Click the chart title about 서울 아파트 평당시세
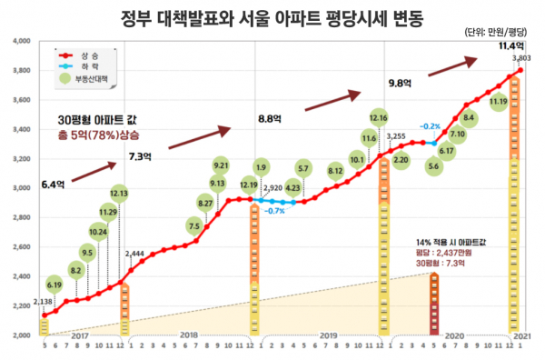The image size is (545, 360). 272,18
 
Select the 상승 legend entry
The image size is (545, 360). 83,55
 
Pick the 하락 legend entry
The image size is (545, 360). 83,66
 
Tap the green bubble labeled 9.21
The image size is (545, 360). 220,165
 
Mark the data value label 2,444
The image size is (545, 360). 134,253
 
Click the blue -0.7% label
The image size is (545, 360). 274,211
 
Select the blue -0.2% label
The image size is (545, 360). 431,126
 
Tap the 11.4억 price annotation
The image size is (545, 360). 512,45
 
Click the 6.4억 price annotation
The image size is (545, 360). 53,185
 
